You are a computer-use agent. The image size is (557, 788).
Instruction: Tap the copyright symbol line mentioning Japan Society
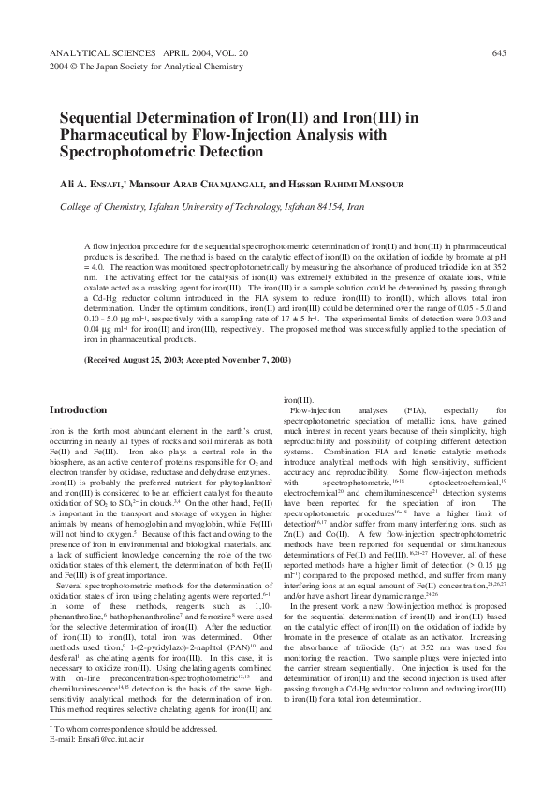tap(139, 68)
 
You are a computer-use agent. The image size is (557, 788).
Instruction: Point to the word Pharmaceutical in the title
tap(113, 135)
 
